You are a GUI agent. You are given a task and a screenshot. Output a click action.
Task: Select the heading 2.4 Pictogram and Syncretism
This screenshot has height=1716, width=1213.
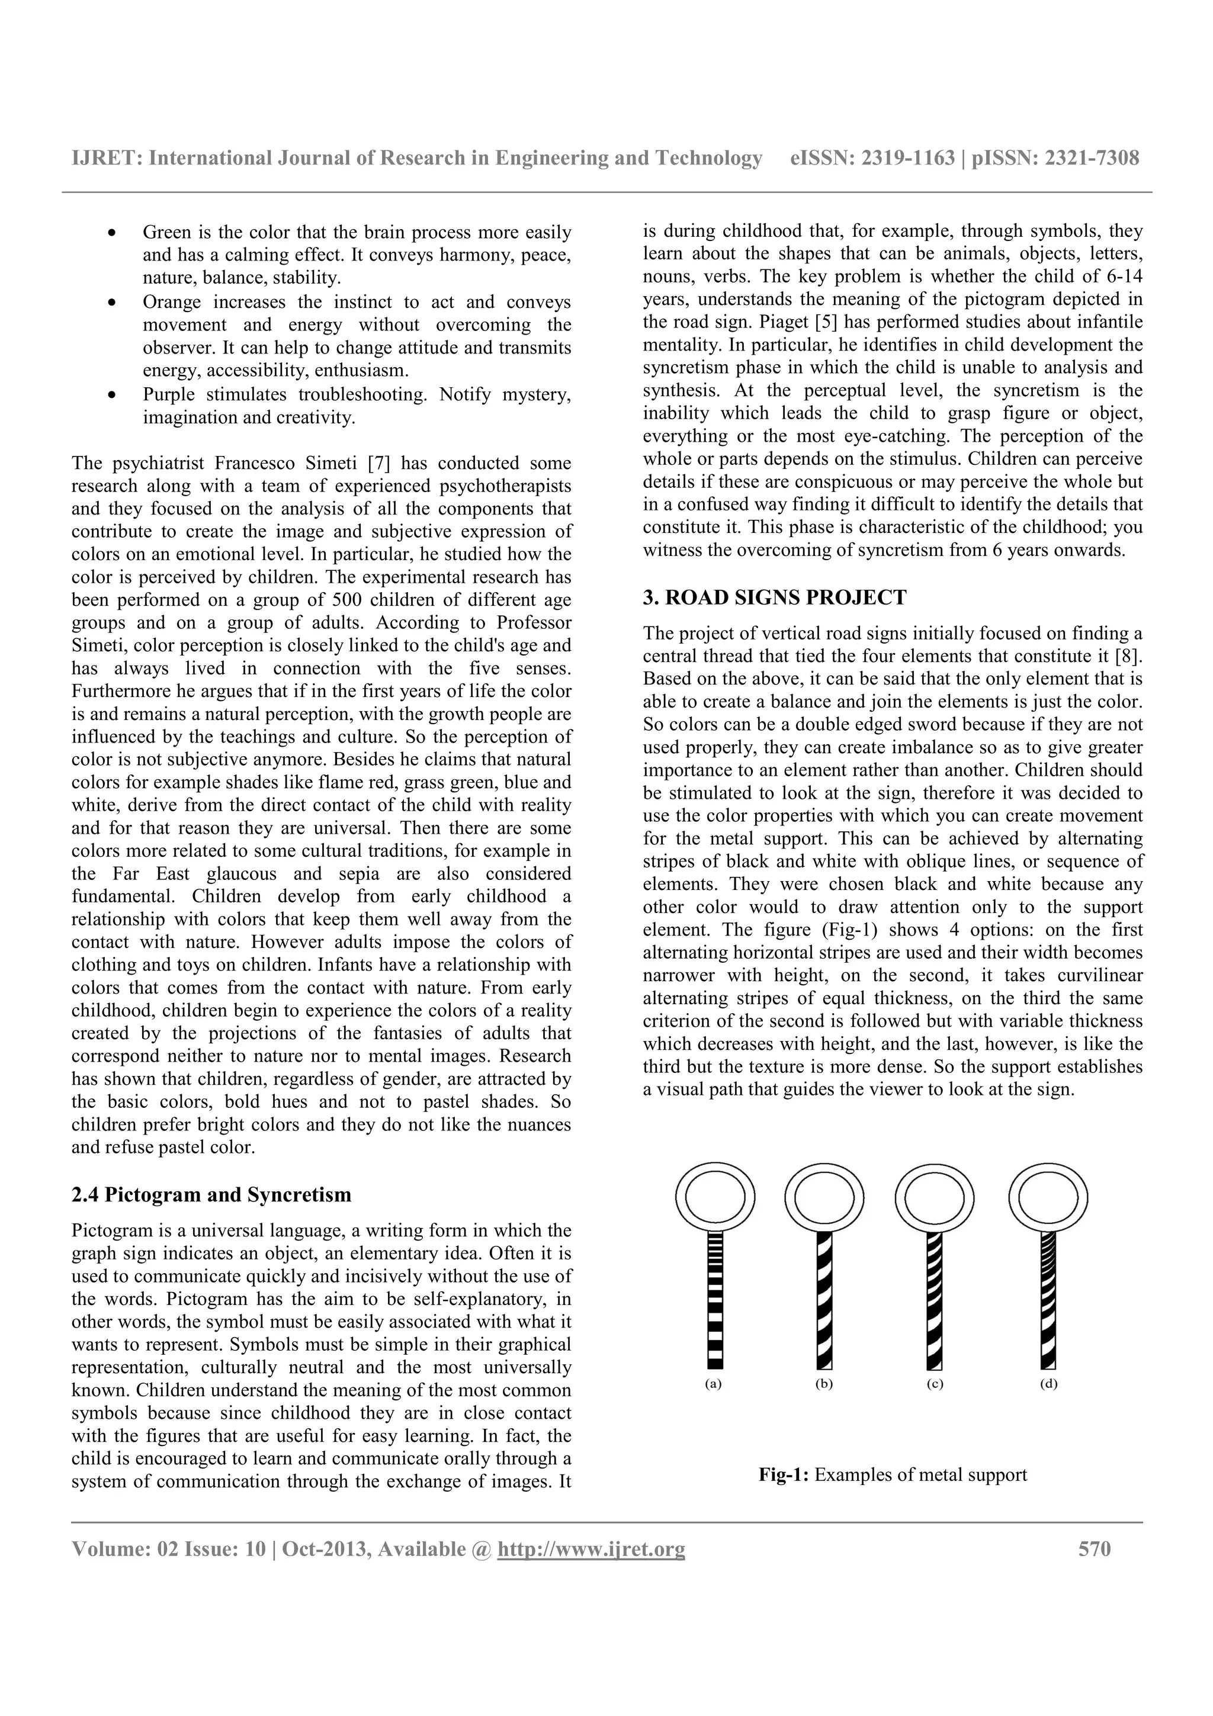[x=211, y=1194]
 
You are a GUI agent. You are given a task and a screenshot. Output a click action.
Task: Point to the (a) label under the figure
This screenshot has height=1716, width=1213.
[x=714, y=1383]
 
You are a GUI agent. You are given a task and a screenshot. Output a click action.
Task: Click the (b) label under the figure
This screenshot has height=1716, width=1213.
[x=824, y=1383]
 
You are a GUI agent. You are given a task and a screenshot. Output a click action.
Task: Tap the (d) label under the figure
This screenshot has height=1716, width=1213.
[x=1048, y=1383]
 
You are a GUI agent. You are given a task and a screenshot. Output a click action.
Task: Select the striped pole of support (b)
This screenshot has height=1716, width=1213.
[x=824, y=1300]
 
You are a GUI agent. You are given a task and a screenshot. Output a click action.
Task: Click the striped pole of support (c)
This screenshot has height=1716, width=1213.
[x=934, y=1300]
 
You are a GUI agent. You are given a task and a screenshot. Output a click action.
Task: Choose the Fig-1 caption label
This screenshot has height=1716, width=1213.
[x=784, y=1474]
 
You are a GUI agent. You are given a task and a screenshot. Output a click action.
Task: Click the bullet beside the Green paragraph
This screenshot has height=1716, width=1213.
[x=111, y=233]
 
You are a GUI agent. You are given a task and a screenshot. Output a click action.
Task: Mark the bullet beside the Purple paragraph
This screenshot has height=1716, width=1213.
[x=111, y=394]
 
